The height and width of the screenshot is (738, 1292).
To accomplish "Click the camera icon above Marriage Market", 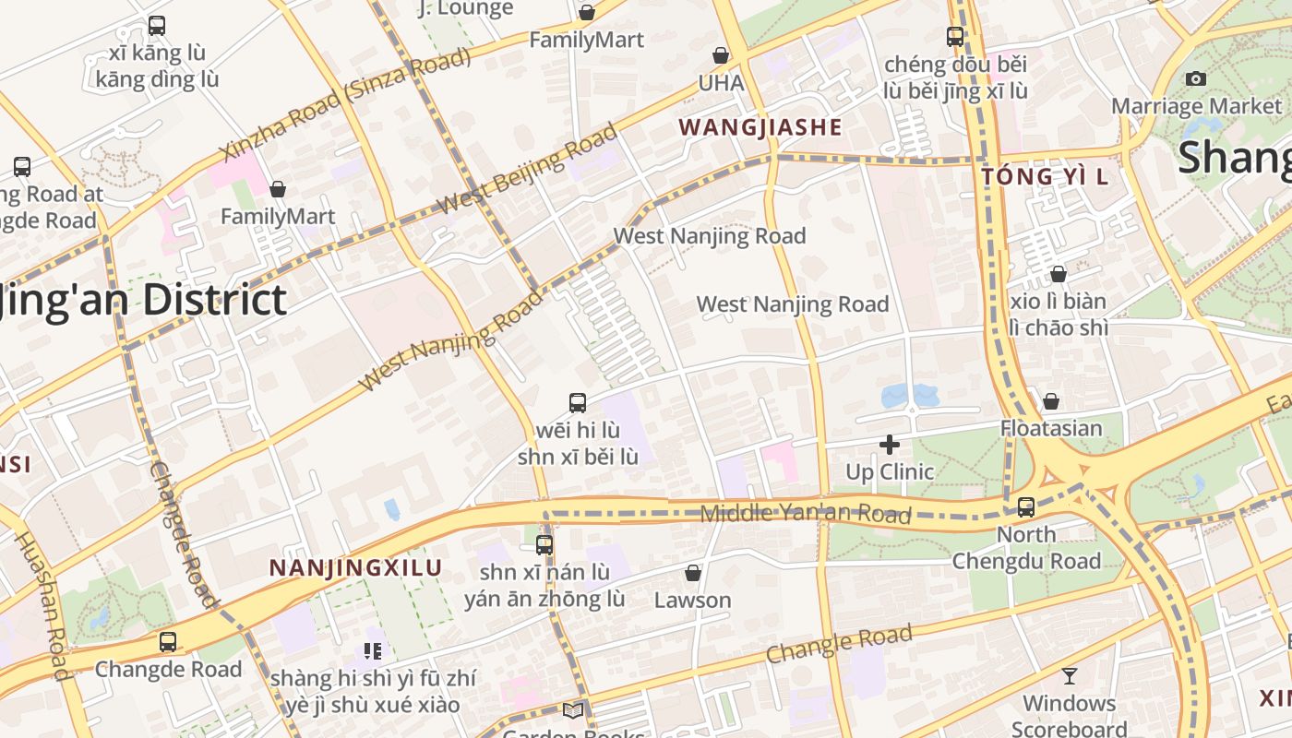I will [1196, 79].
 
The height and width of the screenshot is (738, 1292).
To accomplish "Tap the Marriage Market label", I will [1196, 106].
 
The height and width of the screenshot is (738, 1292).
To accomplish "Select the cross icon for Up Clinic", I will [890, 446].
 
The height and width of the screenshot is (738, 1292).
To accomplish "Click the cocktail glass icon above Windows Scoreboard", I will [1069, 676].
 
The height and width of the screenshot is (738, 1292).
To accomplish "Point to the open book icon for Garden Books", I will [573, 710].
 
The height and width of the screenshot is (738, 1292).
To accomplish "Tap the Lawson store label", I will [692, 601].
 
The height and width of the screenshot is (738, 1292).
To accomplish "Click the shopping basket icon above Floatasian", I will [1050, 401].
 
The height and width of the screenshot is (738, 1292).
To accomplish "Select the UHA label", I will [721, 83].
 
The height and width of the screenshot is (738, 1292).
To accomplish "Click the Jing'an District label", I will [138, 301].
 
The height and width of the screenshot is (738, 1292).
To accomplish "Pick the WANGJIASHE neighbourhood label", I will [760, 127].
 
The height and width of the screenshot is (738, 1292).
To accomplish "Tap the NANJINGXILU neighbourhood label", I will [356, 568].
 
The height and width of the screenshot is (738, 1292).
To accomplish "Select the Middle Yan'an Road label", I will [806, 514].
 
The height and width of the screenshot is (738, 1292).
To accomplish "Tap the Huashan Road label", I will [43, 604].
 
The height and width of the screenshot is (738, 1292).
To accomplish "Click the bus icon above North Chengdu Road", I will [1025, 506].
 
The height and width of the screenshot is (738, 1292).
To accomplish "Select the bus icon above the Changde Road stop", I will [167, 641].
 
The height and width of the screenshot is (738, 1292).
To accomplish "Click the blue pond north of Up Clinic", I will [909, 397].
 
